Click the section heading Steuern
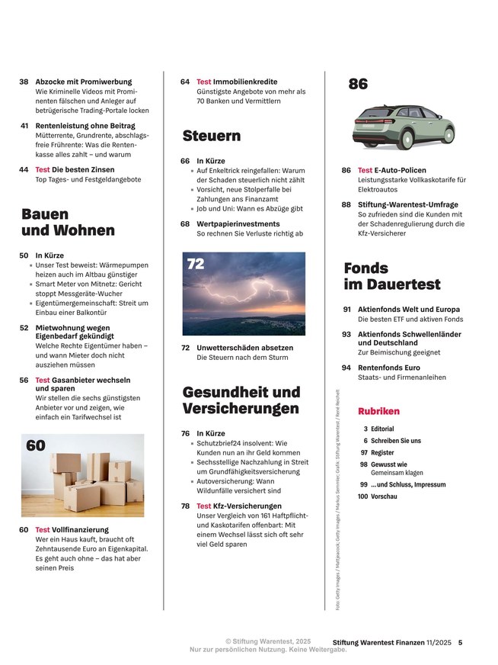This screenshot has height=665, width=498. coord(211,137)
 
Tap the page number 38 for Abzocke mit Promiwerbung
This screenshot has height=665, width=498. coord(24,82)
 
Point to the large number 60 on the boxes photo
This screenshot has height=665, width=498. coord(37,446)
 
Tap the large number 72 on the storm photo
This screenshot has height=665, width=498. coord(196,265)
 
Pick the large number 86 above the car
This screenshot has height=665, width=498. coord(358,85)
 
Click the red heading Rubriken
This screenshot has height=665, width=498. coord(378,411)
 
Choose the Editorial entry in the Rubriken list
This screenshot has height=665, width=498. coord(382,429)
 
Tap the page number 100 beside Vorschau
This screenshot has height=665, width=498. coord(362,496)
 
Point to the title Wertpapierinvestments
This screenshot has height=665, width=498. coord(238,224)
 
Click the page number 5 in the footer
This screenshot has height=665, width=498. coord(461,642)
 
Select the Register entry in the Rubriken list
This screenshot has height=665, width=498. coord(382,452)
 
